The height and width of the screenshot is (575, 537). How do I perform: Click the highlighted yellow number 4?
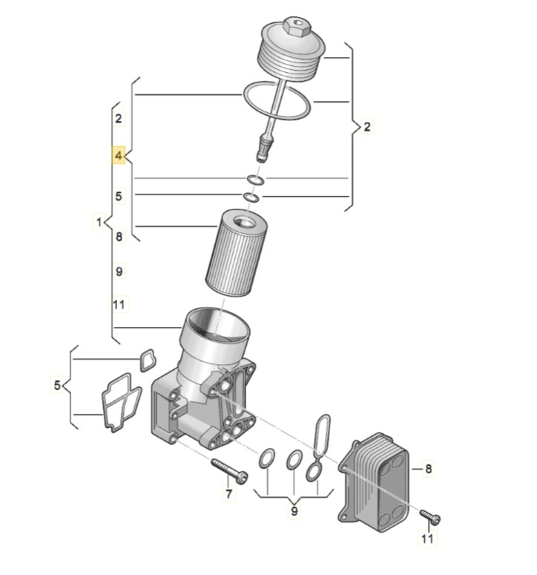tap(119, 156)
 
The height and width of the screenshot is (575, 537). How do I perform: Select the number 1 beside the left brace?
tap(96, 221)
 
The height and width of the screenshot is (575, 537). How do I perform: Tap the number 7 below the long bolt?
tap(229, 493)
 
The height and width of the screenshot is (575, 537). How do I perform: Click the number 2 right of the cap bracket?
tap(366, 128)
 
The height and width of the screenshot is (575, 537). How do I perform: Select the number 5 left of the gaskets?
tap(57, 385)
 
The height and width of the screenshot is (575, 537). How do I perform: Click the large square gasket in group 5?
tap(121, 403)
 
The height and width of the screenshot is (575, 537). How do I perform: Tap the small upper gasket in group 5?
tap(147, 360)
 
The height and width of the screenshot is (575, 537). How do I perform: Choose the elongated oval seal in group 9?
tap(321, 435)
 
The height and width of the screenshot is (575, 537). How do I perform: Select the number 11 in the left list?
tap(119, 305)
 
